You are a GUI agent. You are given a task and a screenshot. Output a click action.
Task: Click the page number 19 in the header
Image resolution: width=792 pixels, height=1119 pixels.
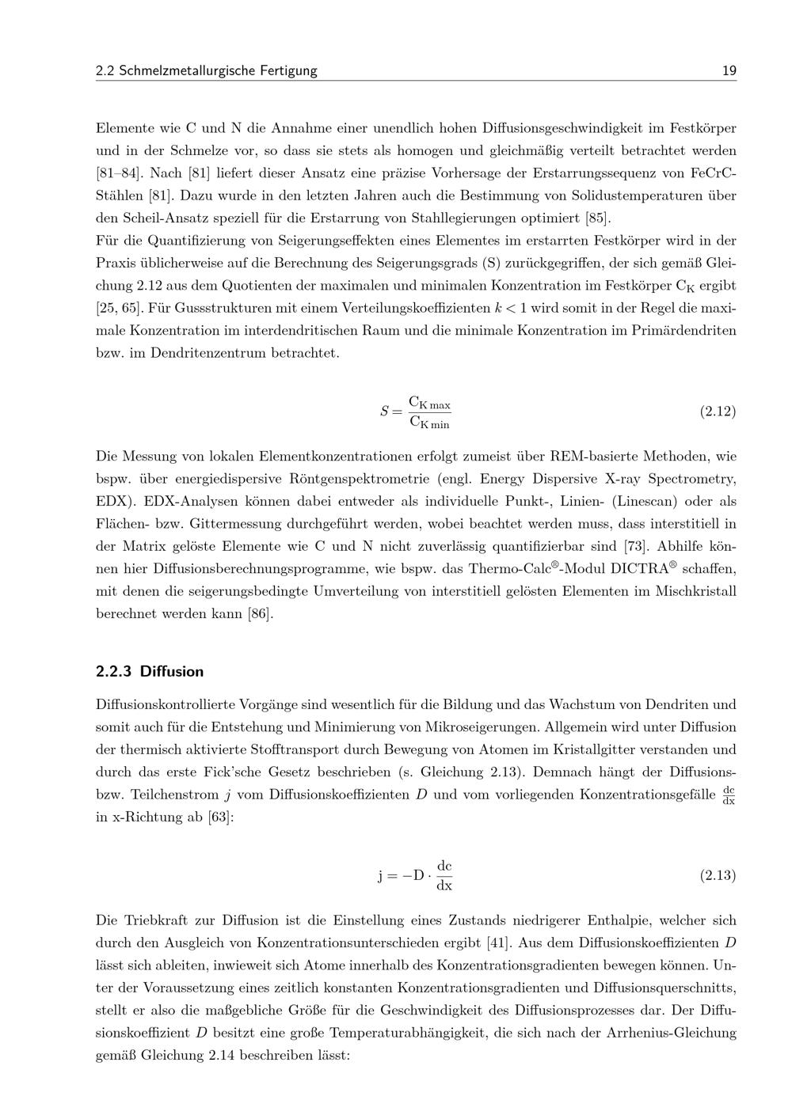(x=729, y=71)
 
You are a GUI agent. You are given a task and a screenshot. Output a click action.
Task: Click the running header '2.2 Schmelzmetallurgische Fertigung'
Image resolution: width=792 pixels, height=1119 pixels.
(x=206, y=71)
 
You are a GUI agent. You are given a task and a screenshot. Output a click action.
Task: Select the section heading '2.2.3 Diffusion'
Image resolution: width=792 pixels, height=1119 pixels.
(x=150, y=672)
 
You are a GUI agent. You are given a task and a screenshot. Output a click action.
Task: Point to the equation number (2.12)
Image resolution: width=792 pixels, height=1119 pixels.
(x=718, y=412)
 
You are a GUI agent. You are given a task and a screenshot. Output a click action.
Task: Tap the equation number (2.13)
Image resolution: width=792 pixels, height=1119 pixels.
(x=718, y=875)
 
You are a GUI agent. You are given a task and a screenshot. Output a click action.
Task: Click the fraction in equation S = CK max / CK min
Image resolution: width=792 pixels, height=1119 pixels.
(x=429, y=412)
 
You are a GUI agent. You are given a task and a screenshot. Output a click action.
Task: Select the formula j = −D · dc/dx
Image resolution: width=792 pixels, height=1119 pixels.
(x=415, y=875)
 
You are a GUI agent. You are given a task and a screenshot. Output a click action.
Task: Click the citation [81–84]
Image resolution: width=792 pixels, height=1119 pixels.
(x=120, y=173)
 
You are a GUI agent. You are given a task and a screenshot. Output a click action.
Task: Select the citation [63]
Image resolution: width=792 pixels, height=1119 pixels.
(x=221, y=817)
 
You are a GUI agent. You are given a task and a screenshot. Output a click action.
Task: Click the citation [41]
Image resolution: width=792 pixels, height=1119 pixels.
(x=498, y=943)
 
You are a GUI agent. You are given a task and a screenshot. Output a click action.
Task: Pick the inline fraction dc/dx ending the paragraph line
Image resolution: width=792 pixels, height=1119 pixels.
(x=729, y=795)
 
